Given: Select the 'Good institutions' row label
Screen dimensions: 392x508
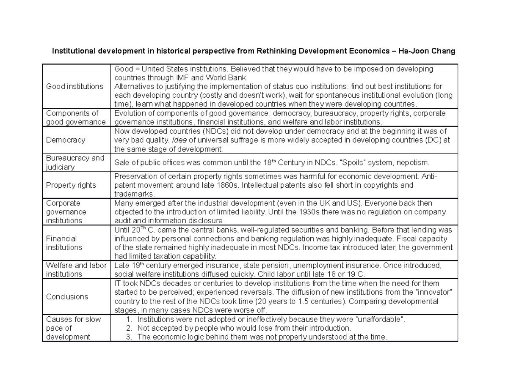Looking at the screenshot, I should [x=75, y=86].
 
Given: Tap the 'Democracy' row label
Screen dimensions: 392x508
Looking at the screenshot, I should [x=66, y=140].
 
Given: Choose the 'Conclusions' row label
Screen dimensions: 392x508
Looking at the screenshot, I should [x=67, y=296].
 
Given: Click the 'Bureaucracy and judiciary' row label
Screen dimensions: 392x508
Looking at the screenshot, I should [x=75, y=162].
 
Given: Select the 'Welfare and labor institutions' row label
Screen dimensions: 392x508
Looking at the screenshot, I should [x=76, y=269].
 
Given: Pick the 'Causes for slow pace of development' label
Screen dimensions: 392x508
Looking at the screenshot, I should [x=73, y=328].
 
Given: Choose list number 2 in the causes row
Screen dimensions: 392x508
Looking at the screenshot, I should [x=129, y=328].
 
